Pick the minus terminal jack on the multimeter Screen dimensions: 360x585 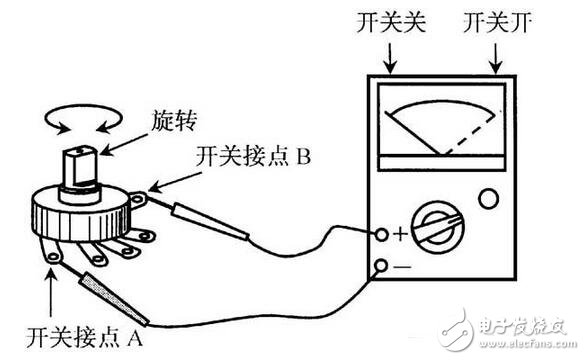(381, 266)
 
